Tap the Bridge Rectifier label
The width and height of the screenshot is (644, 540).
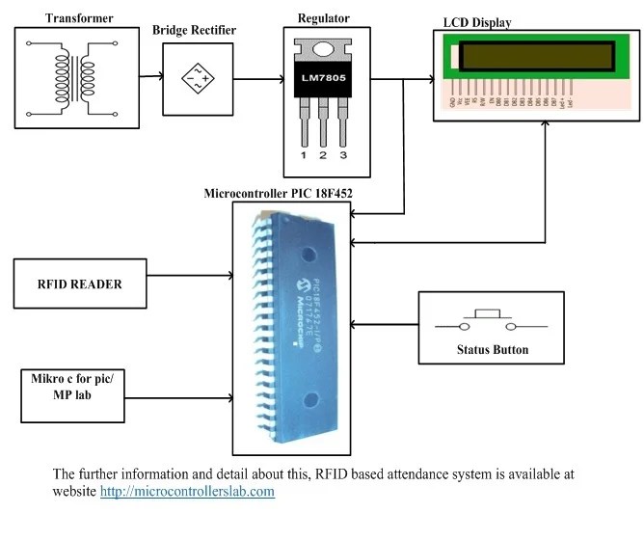click(x=194, y=31)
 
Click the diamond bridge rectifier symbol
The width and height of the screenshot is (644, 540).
click(x=194, y=75)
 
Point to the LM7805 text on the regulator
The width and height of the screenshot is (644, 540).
click(x=324, y=76)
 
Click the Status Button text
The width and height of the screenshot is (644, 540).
click(x=492, y=349)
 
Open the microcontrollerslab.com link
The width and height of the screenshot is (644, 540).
click(x=187, y=492)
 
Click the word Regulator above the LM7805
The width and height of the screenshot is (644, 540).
click(x=325, y=17)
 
